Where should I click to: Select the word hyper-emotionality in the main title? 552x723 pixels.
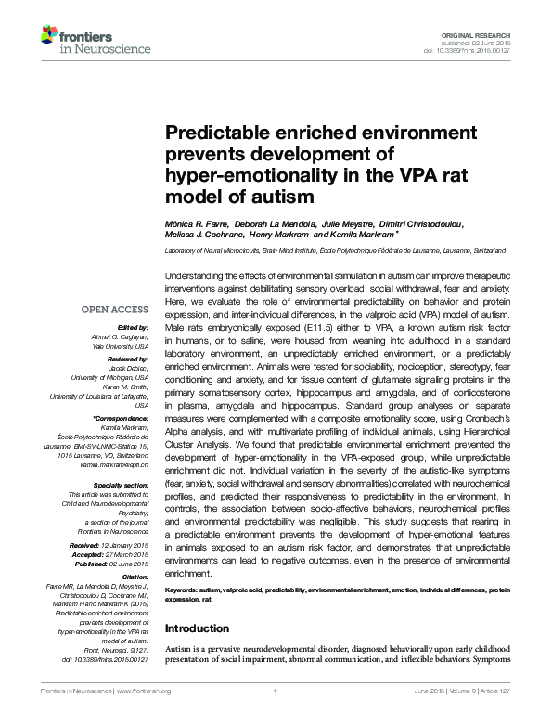click(242, 175)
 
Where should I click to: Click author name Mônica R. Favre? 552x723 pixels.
click(191, 224)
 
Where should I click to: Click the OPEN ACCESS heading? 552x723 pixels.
click(115, 310)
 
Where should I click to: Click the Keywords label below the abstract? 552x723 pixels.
click(183, 589)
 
